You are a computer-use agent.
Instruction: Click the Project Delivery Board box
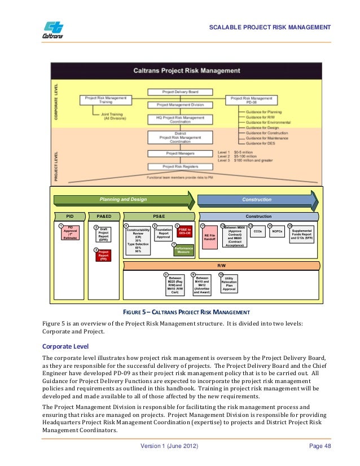pos(179,91)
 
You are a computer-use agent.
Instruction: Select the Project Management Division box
pos(179,104)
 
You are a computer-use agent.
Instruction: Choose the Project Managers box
pos(179,153)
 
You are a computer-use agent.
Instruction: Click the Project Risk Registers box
pos(179,166)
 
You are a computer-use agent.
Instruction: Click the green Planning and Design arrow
pos(124,199)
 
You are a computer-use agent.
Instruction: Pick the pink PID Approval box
pos(71,232)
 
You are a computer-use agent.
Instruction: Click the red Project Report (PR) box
pos(104,256)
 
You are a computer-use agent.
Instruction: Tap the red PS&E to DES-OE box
pos(185,232)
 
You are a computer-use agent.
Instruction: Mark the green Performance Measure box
pos(183,250)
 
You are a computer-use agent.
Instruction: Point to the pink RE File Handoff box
pos(210,237)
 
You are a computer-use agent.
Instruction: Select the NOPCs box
pos(277,231)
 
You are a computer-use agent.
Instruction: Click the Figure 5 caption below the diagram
pos(179,311)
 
